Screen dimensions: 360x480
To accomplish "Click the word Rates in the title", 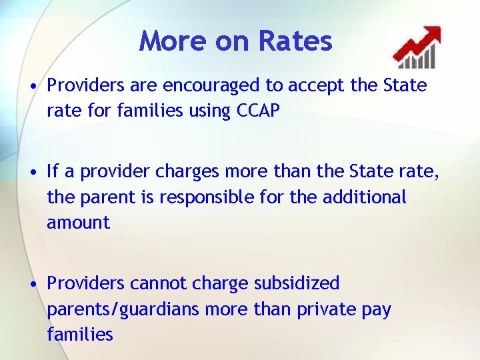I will tap(295, 41).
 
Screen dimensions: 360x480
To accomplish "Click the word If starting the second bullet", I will tap(53, 171).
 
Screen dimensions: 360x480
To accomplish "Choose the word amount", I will tap(78, 223).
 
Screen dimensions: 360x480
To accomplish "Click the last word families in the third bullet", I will tap(80, 334).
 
